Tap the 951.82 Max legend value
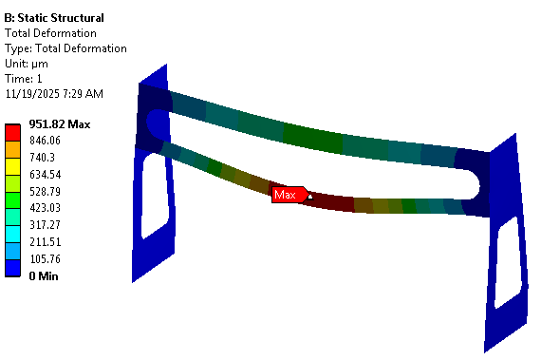tap(60, 123)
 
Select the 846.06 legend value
tap(45, 141)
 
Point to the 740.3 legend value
tap(42, 158)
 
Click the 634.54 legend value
tap(46, 175)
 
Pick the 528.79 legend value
tap(45, 191)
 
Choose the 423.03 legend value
tap(45, 208)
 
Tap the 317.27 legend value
tap(45, 225)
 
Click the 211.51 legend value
tap(46, 241)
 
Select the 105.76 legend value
tap(45, 259)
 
